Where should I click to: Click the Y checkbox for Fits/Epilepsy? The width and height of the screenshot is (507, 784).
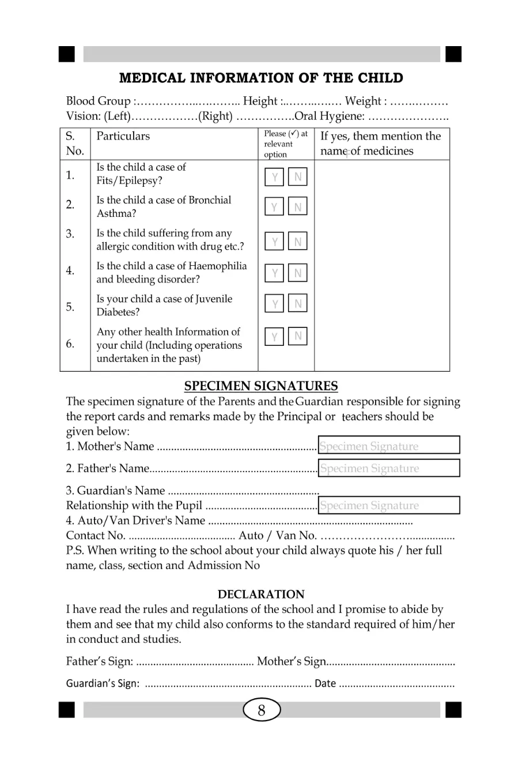pyautogui.click(x=275, y=177)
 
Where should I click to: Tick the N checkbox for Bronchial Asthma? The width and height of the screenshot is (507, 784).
pyautogui.click(x=298, y=206)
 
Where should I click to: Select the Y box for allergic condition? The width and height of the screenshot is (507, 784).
pyautogui.click(x=275, y=242)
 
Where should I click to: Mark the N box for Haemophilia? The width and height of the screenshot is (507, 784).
pyautogui.click(x=298, y=273)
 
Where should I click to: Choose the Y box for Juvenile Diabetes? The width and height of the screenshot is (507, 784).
pyautogui.click(x=275, y=303)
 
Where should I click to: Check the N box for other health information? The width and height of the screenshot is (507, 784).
pyautogui.click(x=298, y=336)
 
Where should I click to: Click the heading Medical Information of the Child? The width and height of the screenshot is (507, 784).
pyautogui.click(x=261, y=78)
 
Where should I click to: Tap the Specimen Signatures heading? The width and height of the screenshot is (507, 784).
pyautogui.click(x=261, y=386)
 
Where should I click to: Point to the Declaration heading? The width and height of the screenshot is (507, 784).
pyautogui.click(x=261, y=594)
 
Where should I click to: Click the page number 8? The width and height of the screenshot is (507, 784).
pyautogui.click(x=262, y=711)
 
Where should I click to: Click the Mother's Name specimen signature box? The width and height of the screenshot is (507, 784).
pyautogui.click(x=389, y=446)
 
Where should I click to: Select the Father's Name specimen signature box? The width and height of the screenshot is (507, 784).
pyautogui.click(x=389, y=468)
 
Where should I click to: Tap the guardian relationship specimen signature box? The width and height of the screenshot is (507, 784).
pyautogui.click(x=389, y=505)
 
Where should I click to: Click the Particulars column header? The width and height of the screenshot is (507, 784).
pyautogui.click(x=123, y=136)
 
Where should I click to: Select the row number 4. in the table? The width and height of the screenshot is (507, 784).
pyautogui.click(x=70, y=270)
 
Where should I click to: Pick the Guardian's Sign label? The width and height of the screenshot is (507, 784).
pyautogui.click(x=103, y=684)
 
